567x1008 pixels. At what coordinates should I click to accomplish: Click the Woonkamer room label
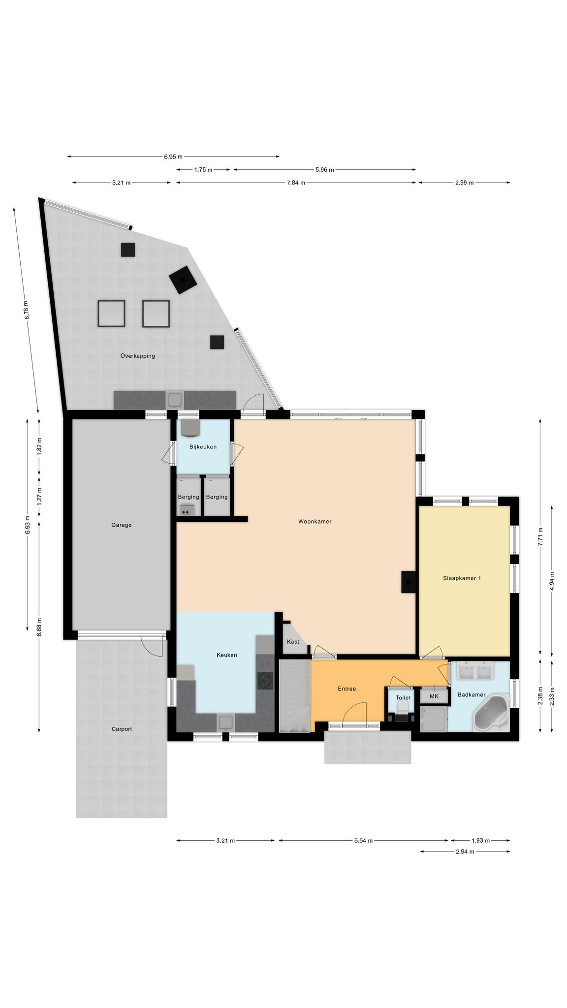tap(315, 521)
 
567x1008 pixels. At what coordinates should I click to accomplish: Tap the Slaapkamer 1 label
tap(462, 578)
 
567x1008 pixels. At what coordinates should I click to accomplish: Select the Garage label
tap(121, 525)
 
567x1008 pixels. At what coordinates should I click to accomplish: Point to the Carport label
tap(122, 729)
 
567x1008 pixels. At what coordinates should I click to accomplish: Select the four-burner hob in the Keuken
tap(265, 681)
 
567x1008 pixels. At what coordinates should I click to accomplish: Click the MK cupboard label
tap(434, 696)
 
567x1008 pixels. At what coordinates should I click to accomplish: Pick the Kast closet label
tap(293, 642)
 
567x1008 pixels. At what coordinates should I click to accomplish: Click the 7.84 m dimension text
tap(296, 183)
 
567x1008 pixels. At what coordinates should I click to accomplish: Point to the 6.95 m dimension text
tap(173, 157)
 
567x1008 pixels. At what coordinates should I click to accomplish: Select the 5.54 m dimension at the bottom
tap(363, 841)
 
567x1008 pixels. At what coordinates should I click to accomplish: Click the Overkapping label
tap(137, 356)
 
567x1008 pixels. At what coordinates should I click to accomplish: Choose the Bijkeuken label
tap(203, 447)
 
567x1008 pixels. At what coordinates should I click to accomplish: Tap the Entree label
tap(346, 689)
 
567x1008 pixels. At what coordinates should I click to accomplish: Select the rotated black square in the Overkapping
tap(183, 280)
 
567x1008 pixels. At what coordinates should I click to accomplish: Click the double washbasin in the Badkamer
tap(475, 670)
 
